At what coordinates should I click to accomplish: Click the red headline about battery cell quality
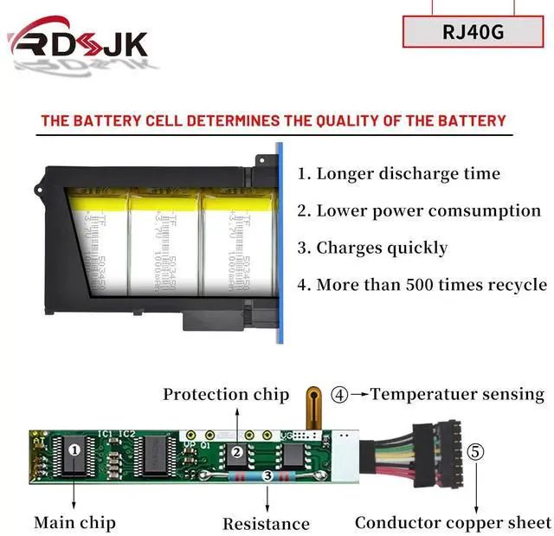pyautogui.click(x=274, y=120)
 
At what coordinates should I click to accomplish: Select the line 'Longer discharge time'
pyautogui.click(x=399, y=173)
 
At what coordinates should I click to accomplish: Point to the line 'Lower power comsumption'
pyautogui.click(x=419, y=210)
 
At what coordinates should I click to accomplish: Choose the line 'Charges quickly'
pyautogui.click(x=373, y=248)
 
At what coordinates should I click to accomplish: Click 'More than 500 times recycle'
pyautogui.click(x=422, y=284)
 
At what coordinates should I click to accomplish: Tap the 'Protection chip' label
pyautogui.click(x=226, y=395)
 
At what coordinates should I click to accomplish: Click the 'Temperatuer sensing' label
pyautogui.click(x=457, y=394)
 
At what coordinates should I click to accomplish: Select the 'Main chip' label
pyautogui.click(x=74, y=522)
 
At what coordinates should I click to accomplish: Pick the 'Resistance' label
pyautogui.click(x=266, y=523)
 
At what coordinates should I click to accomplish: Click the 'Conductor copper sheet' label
pyautogui.click(x=453, y=522)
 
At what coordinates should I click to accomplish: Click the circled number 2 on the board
pyautogui.click(x=235, y=451)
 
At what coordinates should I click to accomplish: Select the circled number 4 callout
pyautogui.click(x=340, y=395)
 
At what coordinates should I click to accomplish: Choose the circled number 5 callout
pyautogui.click(x=476, y=451)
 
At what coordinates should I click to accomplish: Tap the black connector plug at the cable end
pyautogui.click(x=429, y=455)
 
